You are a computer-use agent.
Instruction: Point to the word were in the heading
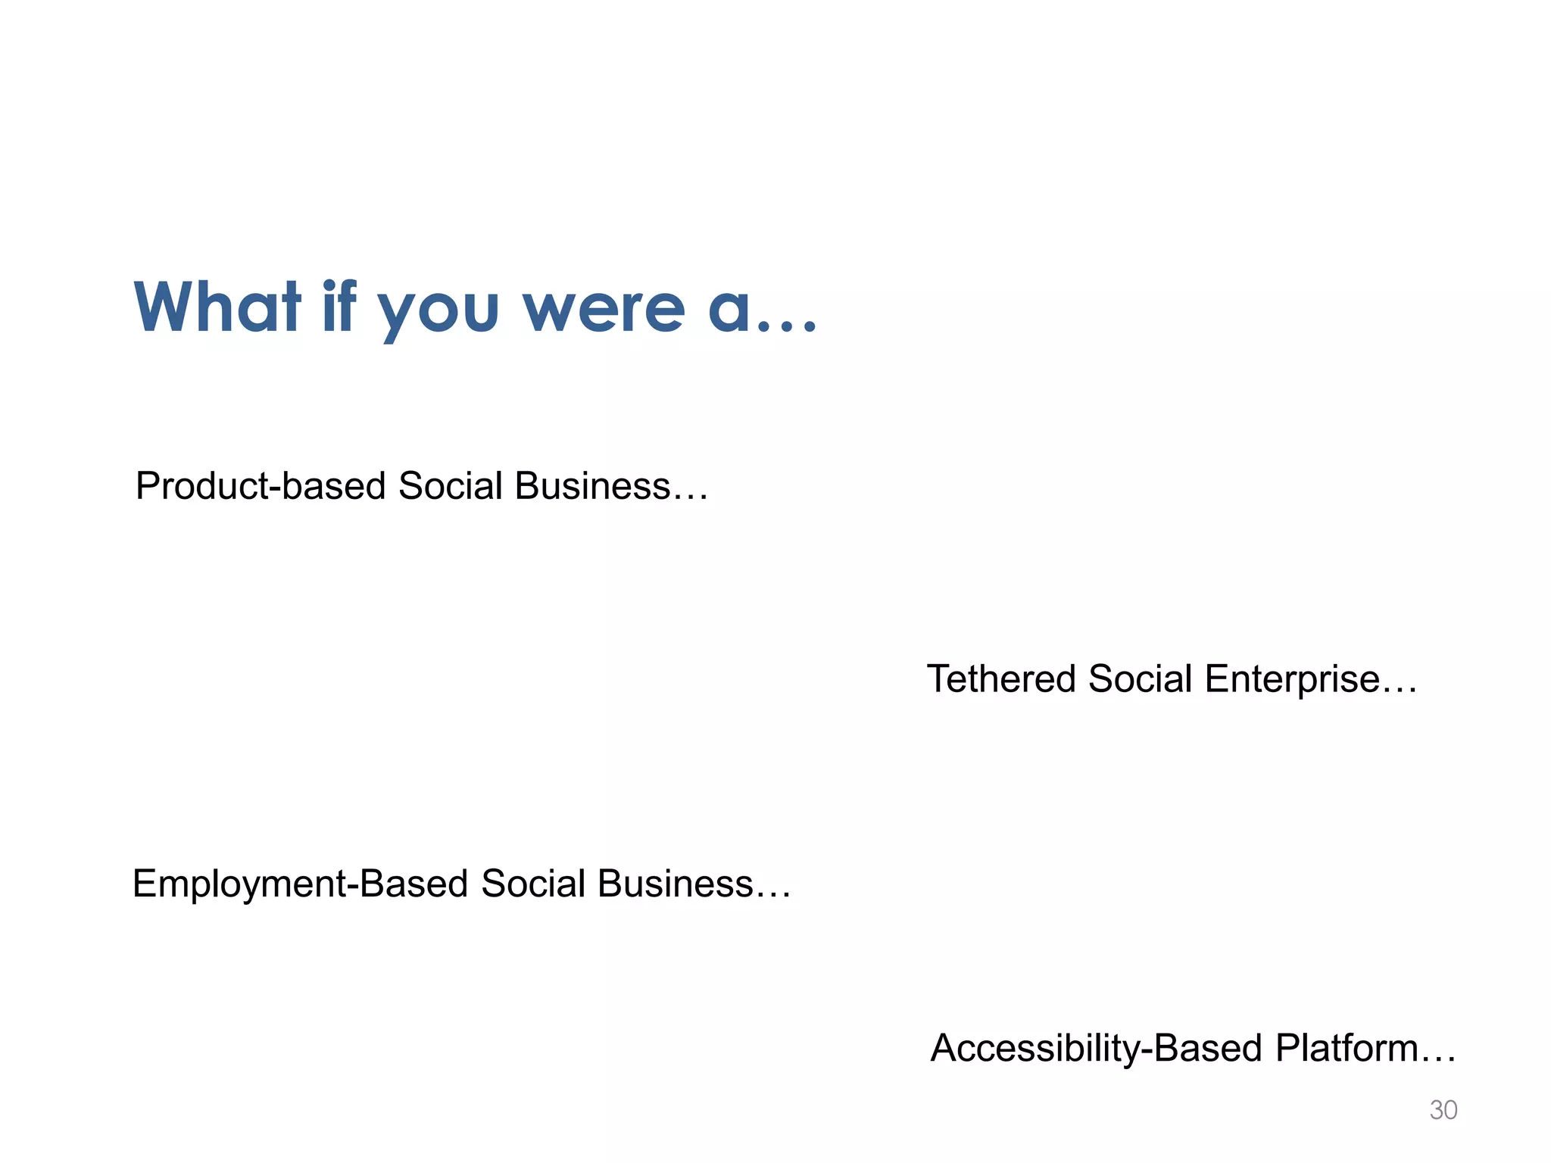click(604, 309)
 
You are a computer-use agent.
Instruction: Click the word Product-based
click(261, 486)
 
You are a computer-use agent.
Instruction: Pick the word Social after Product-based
click(450, 486)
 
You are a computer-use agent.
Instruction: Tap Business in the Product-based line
click(592, 486)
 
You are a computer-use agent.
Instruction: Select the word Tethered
click(1001, 678)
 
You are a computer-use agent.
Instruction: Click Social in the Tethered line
click(1141, 678)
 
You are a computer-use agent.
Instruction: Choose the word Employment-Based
click(300, 884)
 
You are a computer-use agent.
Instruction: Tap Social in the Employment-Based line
click(533, 884)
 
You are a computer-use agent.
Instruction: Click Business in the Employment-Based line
click(675, 884)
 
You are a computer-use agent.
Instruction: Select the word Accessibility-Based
click(1096, 1049)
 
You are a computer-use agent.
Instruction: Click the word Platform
click(1347, 1049)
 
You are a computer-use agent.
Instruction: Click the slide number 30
click(1443, 1110)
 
